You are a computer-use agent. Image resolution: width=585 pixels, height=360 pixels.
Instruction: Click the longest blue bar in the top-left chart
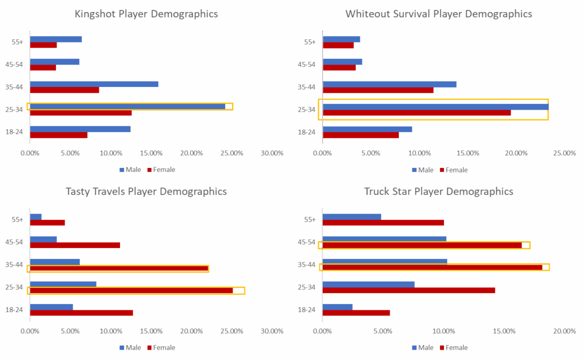point(127,106)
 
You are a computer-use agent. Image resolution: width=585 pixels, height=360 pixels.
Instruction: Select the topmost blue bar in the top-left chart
point(56,39)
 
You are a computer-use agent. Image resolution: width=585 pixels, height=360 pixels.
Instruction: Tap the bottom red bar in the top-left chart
point(59,135)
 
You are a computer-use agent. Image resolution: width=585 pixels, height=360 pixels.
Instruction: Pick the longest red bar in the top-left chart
point(81,113)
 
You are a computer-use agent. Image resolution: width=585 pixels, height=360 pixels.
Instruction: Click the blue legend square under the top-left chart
point(122,170)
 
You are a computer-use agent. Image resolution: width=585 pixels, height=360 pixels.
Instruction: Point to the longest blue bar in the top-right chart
point(435,106)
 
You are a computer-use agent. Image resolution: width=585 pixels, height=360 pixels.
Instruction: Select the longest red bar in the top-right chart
point(417,113)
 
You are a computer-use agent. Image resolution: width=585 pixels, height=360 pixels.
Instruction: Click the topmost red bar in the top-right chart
point(338,45)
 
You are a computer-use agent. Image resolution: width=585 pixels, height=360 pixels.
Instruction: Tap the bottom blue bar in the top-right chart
point(367,129)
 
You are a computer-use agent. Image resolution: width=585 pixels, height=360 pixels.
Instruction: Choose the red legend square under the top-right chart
point(442,170)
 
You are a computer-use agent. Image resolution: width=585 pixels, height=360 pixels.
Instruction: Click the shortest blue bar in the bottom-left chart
point(36,217)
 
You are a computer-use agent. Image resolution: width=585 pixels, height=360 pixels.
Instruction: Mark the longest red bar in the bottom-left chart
point(131,290)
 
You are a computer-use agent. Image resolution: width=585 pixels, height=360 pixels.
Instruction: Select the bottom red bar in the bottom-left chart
point(81,313)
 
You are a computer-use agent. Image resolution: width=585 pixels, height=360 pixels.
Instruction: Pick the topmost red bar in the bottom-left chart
point(47,223)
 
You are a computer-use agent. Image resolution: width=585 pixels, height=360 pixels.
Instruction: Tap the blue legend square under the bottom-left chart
point(122,347)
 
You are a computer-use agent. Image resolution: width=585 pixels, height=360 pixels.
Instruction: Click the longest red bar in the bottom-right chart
point(432,267)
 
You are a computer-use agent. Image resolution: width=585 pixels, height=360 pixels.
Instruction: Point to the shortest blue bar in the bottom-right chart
point(338,307)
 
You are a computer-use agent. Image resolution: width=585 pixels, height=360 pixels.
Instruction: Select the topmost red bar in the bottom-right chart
point(383,223)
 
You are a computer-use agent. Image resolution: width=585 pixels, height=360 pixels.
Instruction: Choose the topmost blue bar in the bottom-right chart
point(352,217)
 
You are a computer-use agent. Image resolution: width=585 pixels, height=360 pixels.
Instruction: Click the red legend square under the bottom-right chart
point(442,347)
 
